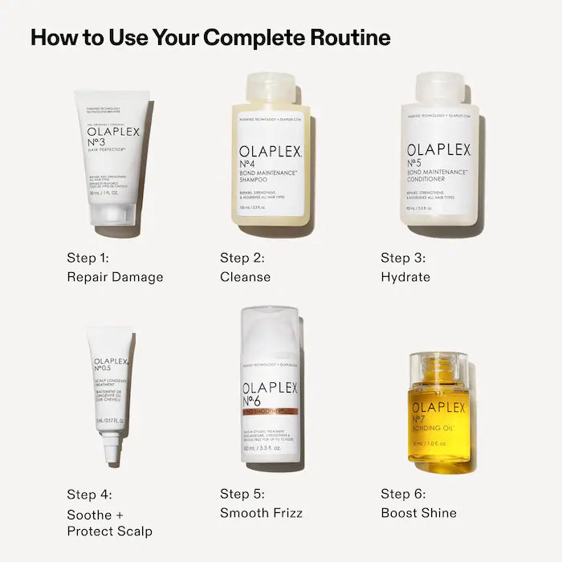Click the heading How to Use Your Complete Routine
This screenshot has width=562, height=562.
210,38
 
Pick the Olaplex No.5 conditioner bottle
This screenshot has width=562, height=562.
440,161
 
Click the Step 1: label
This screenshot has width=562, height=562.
89,258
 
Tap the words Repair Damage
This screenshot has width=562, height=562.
115,277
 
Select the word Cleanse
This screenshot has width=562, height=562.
245,277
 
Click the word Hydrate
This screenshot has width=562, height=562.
405,277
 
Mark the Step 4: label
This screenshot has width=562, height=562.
89,494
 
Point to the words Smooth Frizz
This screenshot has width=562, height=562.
261,513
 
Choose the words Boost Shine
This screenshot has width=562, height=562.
418,513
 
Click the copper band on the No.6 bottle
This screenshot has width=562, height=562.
270,411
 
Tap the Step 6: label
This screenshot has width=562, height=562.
403,494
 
